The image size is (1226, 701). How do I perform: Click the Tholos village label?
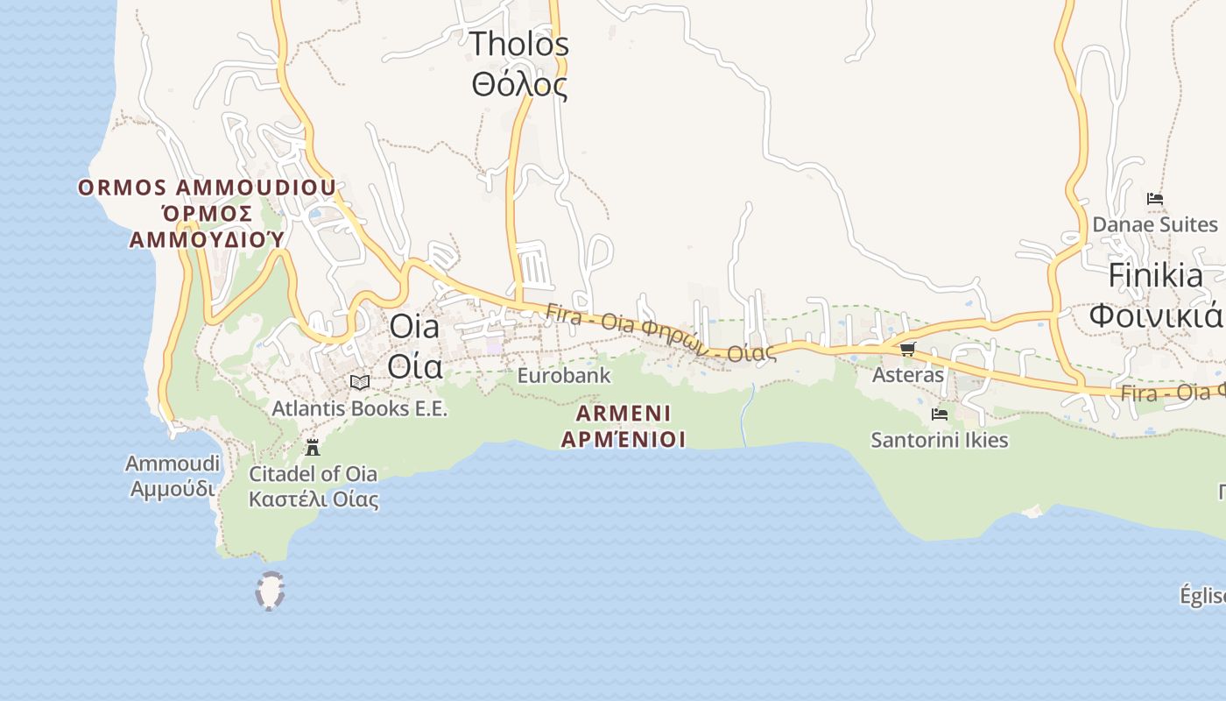point(519,64)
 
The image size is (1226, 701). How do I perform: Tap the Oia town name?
point(414,346)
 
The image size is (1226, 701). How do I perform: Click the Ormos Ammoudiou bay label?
point(208,213)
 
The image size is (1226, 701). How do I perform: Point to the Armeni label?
point(623,426)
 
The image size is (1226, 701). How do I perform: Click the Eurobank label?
point(563,375)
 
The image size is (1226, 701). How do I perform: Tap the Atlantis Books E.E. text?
point(359,408)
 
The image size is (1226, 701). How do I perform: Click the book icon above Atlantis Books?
point(359,382)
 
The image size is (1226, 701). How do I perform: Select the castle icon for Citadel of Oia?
point(312,448)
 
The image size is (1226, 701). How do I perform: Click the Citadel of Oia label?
point(314,486)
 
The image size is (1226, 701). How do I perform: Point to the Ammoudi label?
point(171,476)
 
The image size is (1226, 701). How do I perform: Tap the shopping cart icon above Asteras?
point(907,349)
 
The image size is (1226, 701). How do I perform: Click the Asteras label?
point(907,375)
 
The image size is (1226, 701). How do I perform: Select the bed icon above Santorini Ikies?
point(939,414)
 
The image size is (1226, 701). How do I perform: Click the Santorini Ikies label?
point(939,440)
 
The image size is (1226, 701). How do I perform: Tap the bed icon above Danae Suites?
point(1154,199)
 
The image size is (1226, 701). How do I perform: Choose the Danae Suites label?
point(1154,224)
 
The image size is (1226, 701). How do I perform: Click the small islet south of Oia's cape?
point(270,591)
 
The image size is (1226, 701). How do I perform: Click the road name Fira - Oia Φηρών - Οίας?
point(660,334)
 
